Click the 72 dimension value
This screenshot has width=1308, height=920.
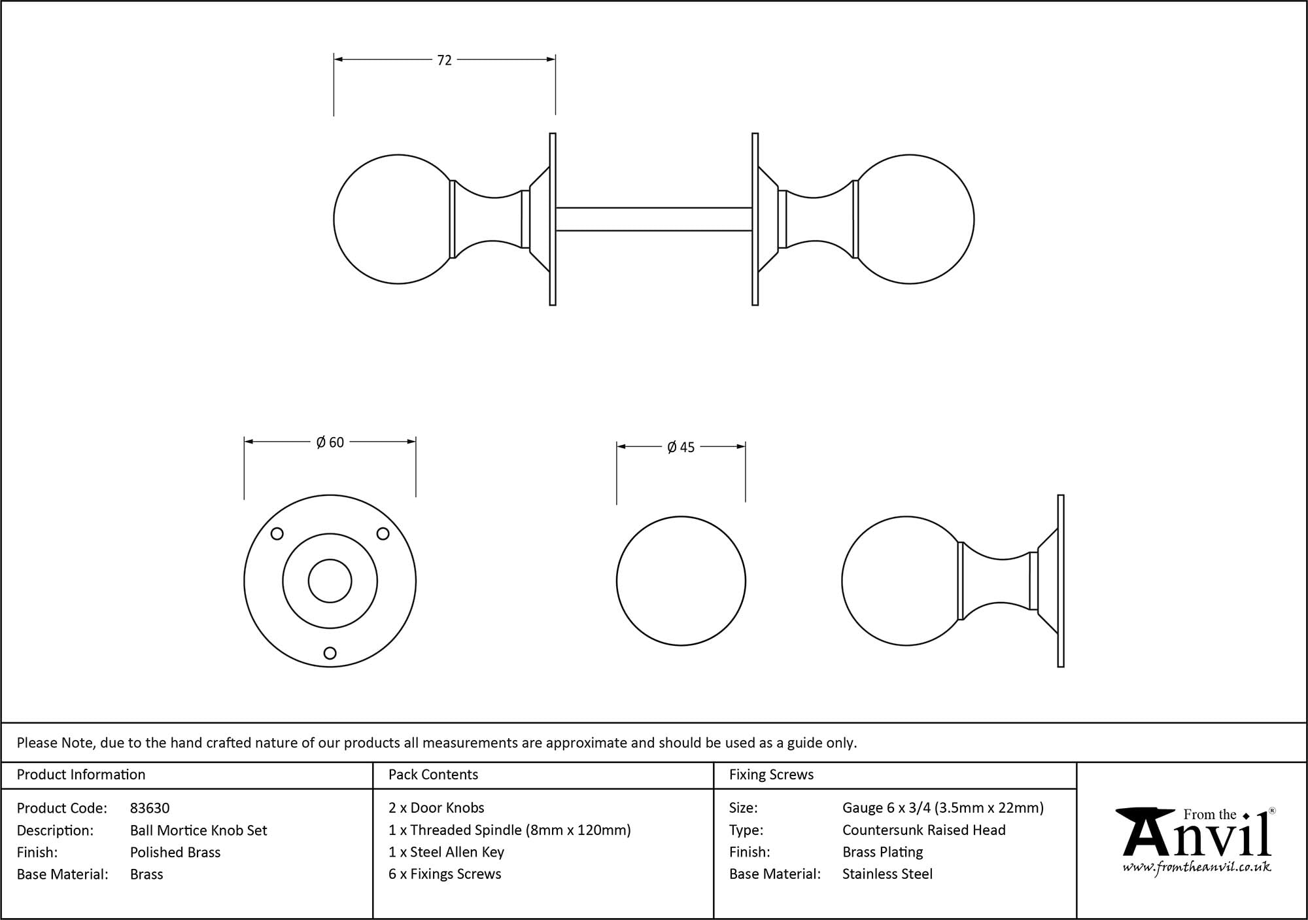[444, 60]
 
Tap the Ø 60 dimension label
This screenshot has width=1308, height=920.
[330, 442]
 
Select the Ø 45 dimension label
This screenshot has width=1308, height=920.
[681, 448]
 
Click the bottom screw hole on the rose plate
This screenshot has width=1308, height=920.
[330, 652]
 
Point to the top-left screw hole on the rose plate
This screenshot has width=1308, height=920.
[277, 534]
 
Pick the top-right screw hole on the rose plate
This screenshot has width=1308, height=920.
[383, 534]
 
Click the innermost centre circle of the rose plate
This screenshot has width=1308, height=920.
[330, 581]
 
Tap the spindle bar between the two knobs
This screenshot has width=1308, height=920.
[654, 219]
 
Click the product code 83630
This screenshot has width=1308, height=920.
[150, 808]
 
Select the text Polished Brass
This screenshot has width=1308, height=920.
[175, 852]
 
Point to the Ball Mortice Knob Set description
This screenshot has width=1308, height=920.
[199, 830]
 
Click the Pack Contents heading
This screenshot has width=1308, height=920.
[433, 775]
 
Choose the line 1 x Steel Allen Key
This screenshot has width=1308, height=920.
[446, 852]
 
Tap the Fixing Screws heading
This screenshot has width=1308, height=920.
[771, 775]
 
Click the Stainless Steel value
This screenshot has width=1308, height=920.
[887, 874]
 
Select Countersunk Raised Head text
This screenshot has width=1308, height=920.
[923, 830]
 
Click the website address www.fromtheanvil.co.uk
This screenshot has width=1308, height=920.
[1197, 867]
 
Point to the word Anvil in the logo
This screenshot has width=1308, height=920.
[1197, 838]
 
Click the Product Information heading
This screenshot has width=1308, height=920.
[81, 775]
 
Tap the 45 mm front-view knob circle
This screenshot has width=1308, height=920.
[681, 581]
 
